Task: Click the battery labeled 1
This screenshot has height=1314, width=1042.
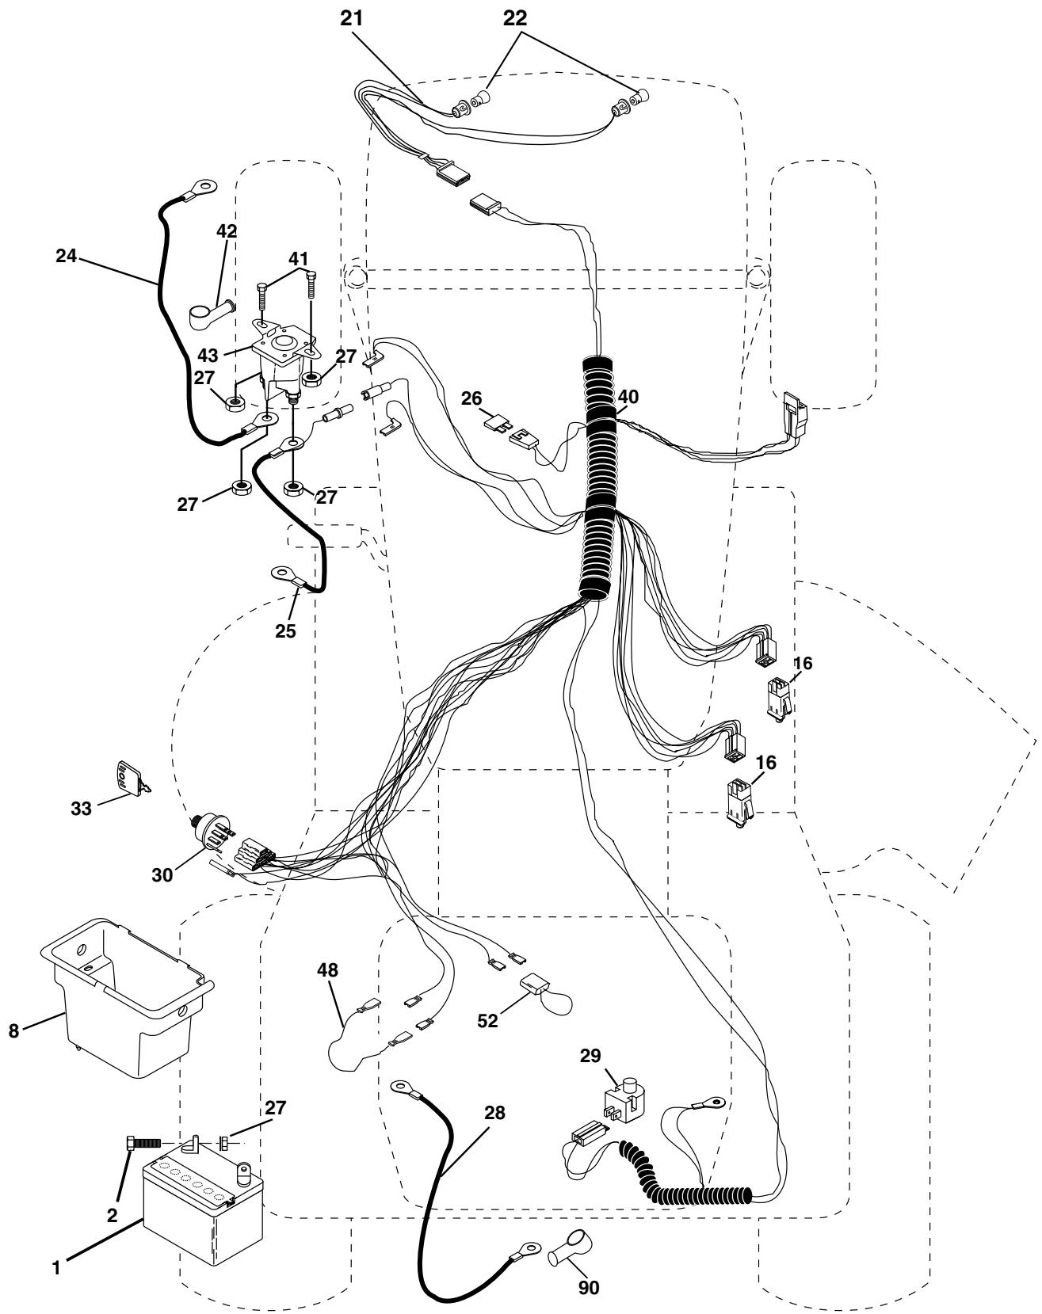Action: (202, 1217)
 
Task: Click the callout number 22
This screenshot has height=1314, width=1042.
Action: (515, 19)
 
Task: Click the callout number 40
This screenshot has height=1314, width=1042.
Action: (628, 396)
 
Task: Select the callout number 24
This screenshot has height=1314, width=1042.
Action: (66, 258)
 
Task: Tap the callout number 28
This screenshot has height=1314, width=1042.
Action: (494, 1114)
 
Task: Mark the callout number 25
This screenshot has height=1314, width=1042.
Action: (285, 630)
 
